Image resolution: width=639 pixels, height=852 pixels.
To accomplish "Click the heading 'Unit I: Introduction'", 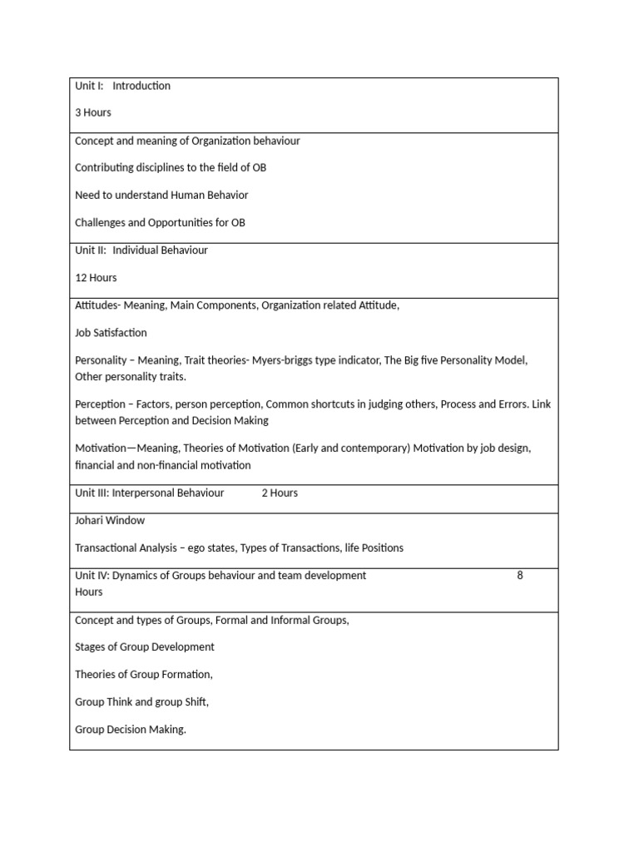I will pyautogui.click(x=122, y=86).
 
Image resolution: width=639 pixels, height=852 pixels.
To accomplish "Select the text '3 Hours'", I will pyautogui.click(x=93, y=112).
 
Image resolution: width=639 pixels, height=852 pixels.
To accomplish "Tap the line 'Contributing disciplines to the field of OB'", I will pyautogui.click(x=171, y=167).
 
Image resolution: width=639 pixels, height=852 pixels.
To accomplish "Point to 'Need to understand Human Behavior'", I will pyautogui.click(x=161, y=195).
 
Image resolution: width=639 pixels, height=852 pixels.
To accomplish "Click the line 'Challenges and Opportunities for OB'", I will pyautogui.click(x=160, y=222).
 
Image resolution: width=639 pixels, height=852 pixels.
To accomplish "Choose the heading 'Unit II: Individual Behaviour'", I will pyautogui.click(x=141, y=250).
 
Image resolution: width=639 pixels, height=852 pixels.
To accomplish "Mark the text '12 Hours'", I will pyautogui.click(x=96, y=278).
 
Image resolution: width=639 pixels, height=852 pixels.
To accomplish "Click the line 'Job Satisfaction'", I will pyautogui.click(x=111, y=333).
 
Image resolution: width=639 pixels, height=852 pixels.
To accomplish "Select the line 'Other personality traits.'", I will pyautogui.click(x=131, y=376).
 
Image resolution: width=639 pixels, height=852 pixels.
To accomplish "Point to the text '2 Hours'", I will pyautogui.click(x=280, y=493).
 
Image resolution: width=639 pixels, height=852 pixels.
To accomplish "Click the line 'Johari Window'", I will pyautogui.click(x=110, y=520).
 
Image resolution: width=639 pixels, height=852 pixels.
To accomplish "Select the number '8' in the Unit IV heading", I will pyautogui.click(x=520, y=575).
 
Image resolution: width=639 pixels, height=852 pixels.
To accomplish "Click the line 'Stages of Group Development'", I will pyautogui.click(x=145, y=646).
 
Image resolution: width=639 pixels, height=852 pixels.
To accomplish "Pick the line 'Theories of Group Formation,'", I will pyautogui.click(x=144, y=674).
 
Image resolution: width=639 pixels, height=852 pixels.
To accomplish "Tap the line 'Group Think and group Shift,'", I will pyautogui.click(x=141, y=701).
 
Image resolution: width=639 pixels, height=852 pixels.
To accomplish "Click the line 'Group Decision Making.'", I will pyautogui.click(x=131, y=730).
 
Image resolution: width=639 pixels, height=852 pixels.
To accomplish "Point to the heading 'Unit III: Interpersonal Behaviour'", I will pyautogui.click(x=150, y=493).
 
